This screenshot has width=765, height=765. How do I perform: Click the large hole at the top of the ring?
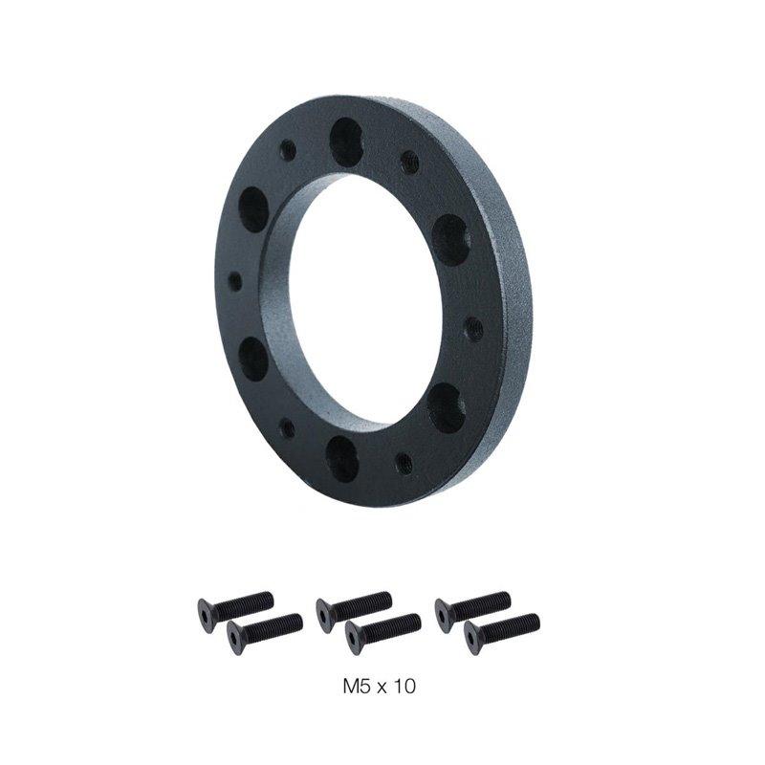[x=344, y=142]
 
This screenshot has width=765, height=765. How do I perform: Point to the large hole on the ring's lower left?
[x=253, y=356]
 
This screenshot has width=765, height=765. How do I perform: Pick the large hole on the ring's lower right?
[x=444, y=406]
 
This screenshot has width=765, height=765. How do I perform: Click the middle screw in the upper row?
[x=354, y=604]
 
